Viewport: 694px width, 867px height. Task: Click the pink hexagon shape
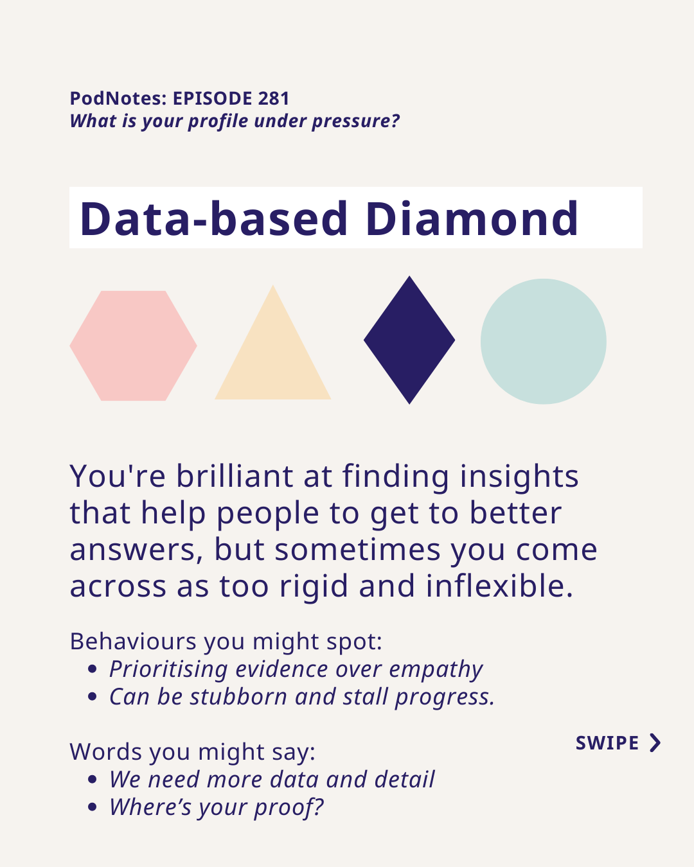click(x=133, y=346)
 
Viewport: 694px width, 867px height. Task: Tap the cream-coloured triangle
click(x=273, y=355)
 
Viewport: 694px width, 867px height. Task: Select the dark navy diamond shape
click(x=409, y=340)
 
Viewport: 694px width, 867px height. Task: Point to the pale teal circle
click(x=543, y=341)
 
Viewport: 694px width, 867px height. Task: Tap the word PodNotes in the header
click(x=116, y=98)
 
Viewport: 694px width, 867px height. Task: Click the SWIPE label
click(x=607, y=743)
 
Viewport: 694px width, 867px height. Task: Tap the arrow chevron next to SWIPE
click(x=655, y=743)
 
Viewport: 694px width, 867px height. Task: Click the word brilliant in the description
click(x=235, y=476)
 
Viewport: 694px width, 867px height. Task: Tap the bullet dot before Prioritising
click(x=93, y=669)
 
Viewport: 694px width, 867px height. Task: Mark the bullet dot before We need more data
click(x=93, y=779)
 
